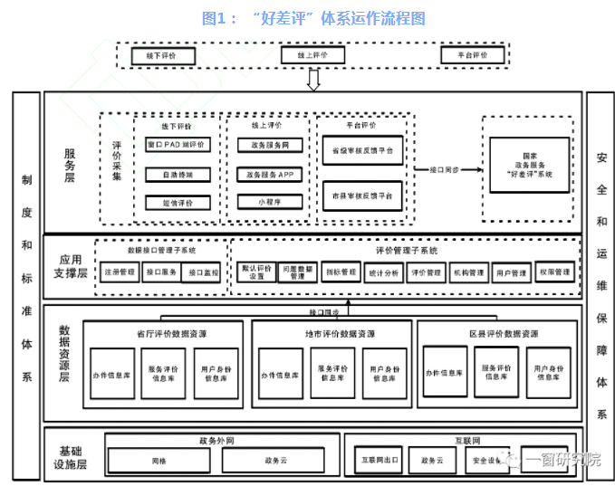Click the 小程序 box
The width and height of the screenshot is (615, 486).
[x=269, y=203]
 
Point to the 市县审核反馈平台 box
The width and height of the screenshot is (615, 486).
[x=362, y=196]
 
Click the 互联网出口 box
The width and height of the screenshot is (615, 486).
[x=380, y=460]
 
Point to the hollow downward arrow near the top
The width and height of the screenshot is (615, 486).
[x=314, y=80]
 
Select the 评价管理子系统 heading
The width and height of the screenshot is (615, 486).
[x=406, y=250]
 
